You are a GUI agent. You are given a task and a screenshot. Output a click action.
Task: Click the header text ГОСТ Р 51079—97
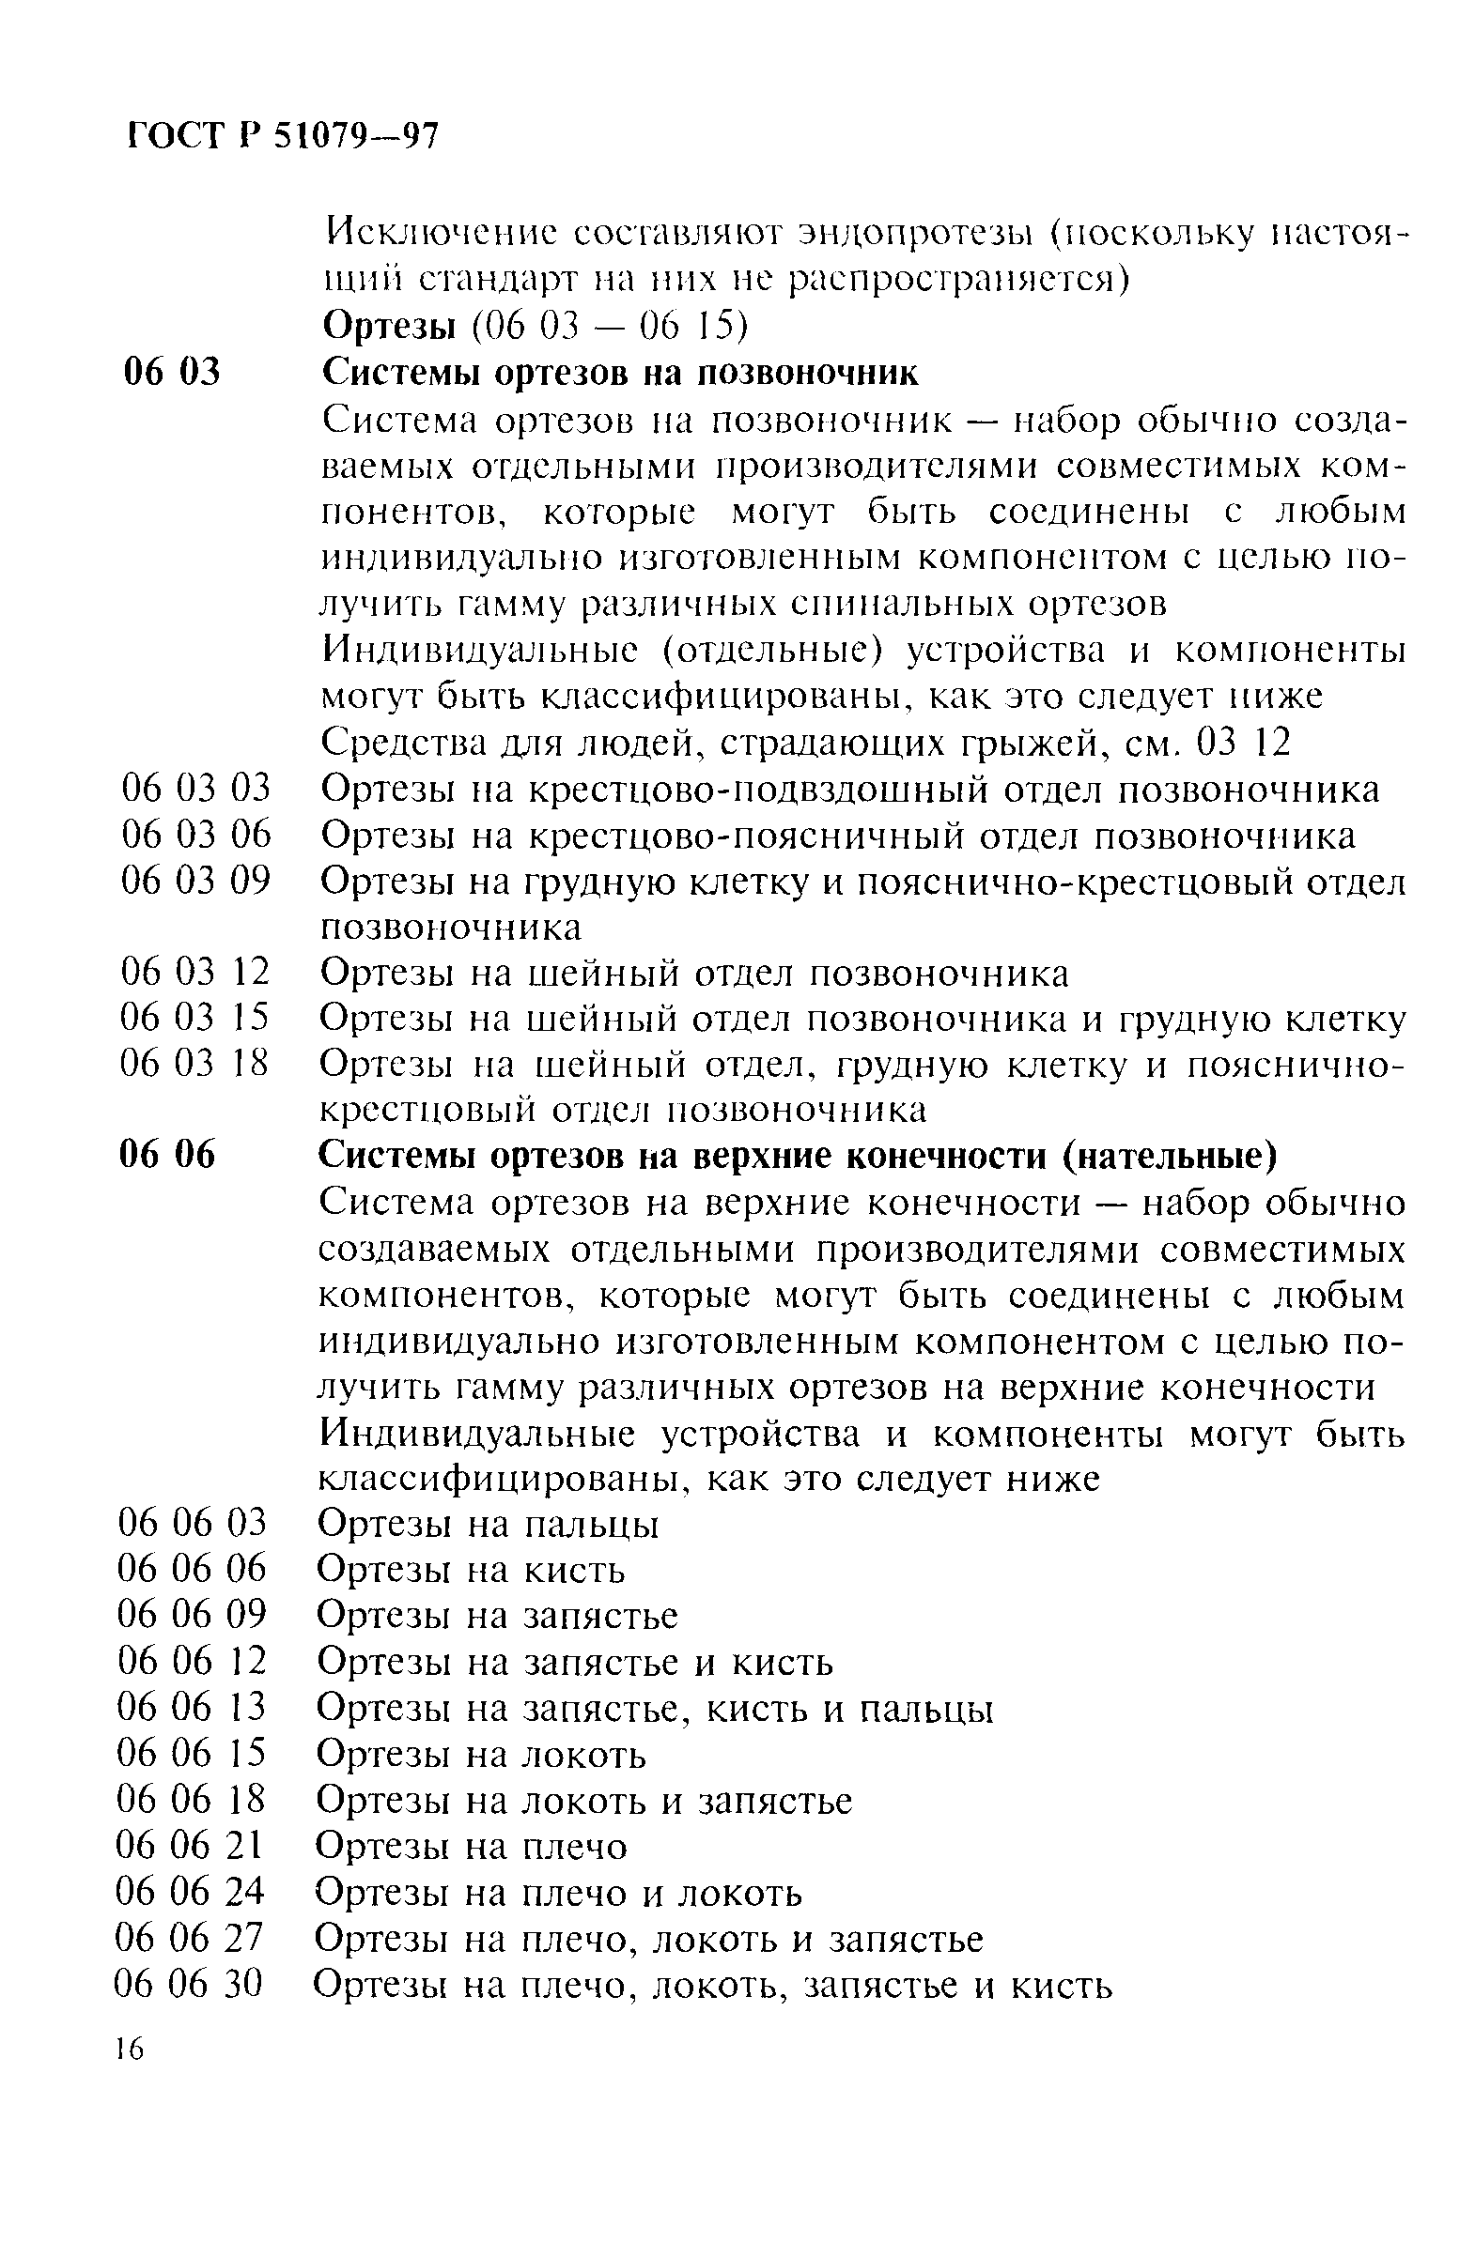coord(282,137)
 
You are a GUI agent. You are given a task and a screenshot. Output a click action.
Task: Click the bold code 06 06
coord(167,1155)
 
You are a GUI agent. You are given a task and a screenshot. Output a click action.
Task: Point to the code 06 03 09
coord(195,881)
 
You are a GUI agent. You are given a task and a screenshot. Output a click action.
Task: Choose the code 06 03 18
coord(194,1064)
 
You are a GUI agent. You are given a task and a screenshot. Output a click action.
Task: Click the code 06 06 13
coord(193,1706)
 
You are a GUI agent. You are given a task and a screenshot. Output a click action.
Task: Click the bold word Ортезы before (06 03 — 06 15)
coord(389,327)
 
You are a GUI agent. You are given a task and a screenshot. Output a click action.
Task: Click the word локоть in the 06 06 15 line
coord(584,1754)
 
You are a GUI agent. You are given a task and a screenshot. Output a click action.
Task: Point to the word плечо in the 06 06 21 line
coord(574,1846)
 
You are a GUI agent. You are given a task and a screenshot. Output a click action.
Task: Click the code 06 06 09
coord(192,1615)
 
